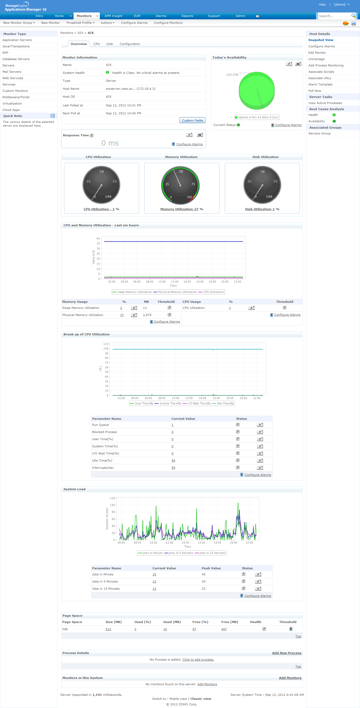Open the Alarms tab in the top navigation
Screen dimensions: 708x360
(x=161, y=16)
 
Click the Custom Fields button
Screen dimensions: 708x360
(x=192, y=120)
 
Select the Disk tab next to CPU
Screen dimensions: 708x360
(x=110, y=44)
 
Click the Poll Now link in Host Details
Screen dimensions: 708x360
(x=314, y=91)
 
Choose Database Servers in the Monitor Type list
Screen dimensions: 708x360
(x=16, y=59)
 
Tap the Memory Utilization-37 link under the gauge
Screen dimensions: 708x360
(x=179, y=209)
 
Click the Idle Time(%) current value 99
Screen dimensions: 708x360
(x=173, y=461)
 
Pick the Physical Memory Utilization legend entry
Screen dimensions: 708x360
(x=177, y=292)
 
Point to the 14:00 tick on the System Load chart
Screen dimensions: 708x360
(x=185, y=543)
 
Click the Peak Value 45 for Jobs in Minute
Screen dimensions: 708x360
(x=203, y=574)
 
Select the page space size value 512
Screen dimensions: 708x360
(x=108, y=629)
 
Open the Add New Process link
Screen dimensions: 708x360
(x=287, y=653)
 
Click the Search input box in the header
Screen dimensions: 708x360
(x=334, y=16)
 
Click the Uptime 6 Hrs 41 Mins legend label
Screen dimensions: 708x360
(x=258, y=117)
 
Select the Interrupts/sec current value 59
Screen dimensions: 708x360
(x=173, y=468)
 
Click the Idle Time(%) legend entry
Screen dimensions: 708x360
(x=225, y=403)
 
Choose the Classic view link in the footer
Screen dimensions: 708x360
(x=201, y=699)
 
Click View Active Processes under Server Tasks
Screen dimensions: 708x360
(x=325, y=103)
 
